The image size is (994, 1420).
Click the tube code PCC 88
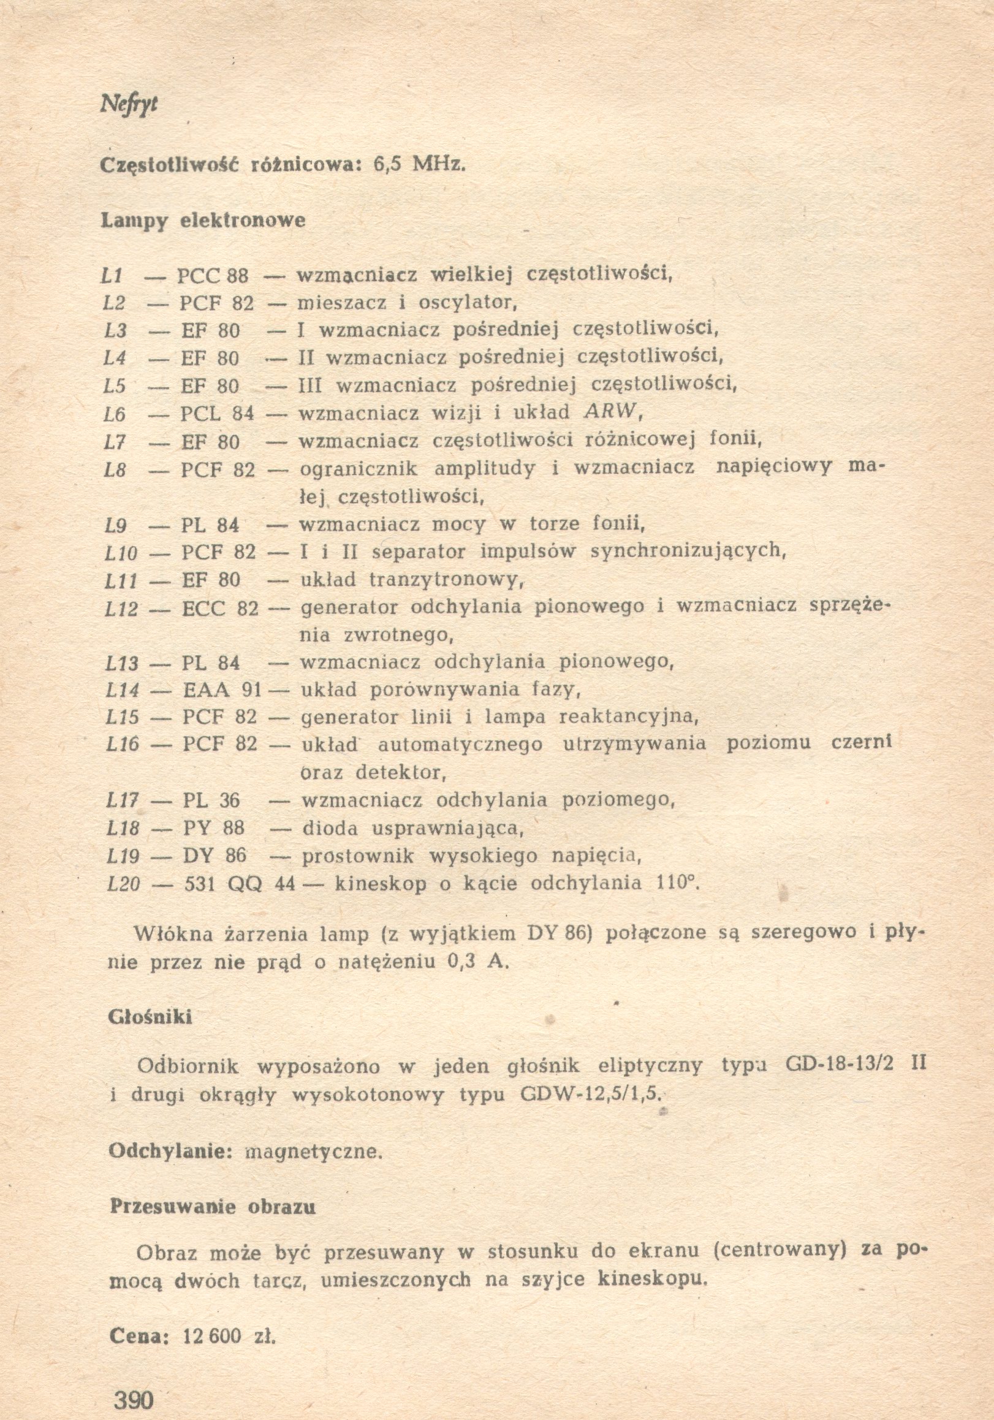[212, 275]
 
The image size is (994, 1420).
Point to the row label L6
[115, 413]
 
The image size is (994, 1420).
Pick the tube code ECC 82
[219, 609]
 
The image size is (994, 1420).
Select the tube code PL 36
[211, 800]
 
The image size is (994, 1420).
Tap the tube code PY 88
[213, 828]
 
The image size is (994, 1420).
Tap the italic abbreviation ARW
[609, 411]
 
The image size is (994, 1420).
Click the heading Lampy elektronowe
[203, 220]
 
